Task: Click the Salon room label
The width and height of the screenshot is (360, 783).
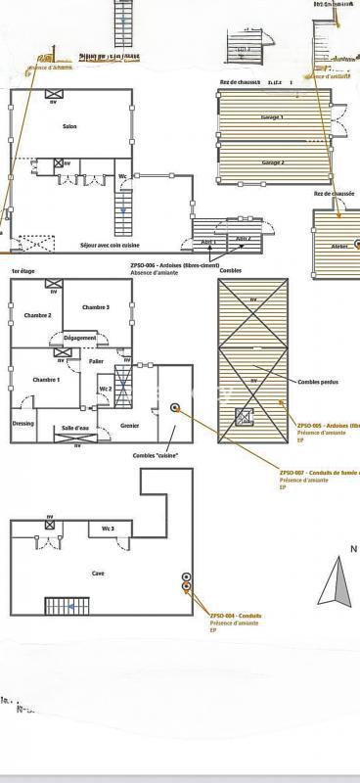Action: point(69,127)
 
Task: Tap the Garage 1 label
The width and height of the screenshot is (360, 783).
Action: point(272,117)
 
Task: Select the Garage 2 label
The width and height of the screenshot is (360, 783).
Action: point(273,162)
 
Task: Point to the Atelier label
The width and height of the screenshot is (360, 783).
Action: point(339,246)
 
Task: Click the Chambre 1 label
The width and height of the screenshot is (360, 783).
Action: point(46,380)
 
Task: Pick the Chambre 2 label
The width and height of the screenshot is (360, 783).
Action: point(37,315)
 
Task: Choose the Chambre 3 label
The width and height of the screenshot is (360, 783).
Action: point(96,308)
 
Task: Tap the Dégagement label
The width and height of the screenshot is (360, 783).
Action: point(80,338)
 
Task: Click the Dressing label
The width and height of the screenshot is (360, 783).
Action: point(23,424)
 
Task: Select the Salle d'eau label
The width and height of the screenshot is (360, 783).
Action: point(75,429)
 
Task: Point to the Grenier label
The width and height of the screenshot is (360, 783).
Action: point(130,425)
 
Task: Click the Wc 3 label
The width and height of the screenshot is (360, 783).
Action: point(109,530)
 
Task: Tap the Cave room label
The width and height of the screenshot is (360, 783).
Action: point(98,574)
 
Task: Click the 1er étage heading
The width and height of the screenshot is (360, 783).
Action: point(22,270)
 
